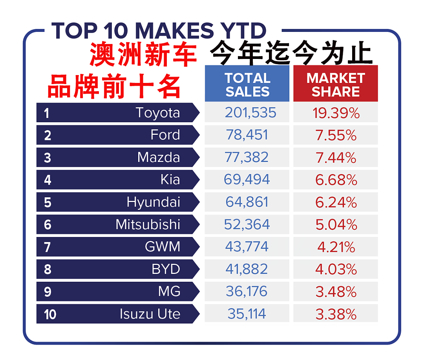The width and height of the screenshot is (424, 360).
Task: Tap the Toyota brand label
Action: tap(158, 113)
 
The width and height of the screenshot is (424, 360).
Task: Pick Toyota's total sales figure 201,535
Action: tap(250, 113)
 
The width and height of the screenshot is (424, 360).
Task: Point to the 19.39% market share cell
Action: tap(336, 113)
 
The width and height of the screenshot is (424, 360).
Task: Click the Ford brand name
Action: tap(165, 135)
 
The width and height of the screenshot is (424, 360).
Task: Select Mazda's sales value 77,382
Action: tap(247, 157)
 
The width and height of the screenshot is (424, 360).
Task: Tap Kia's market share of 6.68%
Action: tap(336, 180)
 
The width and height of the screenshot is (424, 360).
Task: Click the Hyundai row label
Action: tap(154, 202)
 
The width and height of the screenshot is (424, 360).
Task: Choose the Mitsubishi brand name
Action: tap(148, 224)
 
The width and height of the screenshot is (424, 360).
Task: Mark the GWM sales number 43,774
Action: tap(247, 246)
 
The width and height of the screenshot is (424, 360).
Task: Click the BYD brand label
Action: tap(166, 269)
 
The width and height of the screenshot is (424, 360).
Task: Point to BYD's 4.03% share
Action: tap(336, 269)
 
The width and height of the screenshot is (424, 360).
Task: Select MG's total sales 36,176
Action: tap(247, 291)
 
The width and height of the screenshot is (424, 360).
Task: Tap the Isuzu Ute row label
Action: tap(150, 314)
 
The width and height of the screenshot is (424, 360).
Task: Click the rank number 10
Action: tap(50, 314)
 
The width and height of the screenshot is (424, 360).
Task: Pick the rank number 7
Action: tap(48, 247)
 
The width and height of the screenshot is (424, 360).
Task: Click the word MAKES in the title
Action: tap(174, 31)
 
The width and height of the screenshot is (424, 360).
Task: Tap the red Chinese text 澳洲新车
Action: tap(143, 54)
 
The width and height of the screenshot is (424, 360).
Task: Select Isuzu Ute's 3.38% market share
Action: tap(336, 314)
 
